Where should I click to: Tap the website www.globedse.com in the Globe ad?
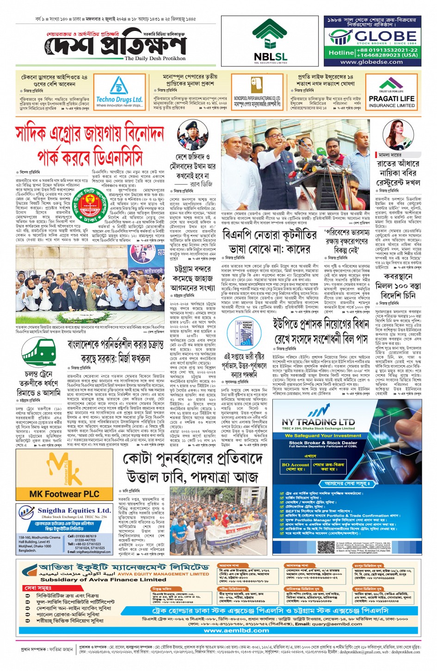[x=371, y=62]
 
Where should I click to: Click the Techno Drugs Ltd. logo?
[x=119, y=93]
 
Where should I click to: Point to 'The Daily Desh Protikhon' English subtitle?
[x=155, y=59]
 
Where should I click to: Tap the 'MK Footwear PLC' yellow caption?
[x=64, y=494]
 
